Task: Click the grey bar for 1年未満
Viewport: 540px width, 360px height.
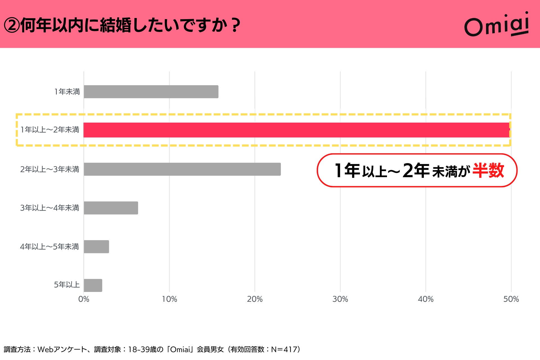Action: coord(151,92)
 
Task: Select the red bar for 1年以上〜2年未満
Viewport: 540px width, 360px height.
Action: coord(296,130)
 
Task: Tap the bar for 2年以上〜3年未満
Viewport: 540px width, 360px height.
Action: coord(182,169)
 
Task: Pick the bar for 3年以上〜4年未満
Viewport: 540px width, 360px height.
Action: coord(111,208)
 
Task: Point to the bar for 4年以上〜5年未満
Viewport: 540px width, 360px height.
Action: coord(96,247)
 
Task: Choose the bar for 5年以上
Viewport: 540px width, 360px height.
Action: coord(93,285)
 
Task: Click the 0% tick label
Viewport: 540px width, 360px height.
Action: coord(84,299)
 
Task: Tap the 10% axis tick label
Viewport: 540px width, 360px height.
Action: coord(169,299)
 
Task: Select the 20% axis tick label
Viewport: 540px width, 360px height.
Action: coord(255,299)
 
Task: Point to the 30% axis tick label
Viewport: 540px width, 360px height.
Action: coord(340,299)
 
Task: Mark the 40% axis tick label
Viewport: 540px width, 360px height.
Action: coord(426,299)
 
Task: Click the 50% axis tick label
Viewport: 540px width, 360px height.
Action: coord(511,299)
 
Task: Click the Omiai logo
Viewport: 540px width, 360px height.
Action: coord(497,25)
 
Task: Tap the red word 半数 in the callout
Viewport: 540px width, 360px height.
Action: coord(488,170)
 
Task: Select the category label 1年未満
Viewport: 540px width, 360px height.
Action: coord(67,92)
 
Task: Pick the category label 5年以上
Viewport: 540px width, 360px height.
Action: coord(67,285)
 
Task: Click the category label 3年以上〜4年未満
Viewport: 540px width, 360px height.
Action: coord(49,208)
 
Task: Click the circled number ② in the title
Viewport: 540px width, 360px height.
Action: coord(12,25)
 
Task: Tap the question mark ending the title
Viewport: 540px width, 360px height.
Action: coord(236,25)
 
